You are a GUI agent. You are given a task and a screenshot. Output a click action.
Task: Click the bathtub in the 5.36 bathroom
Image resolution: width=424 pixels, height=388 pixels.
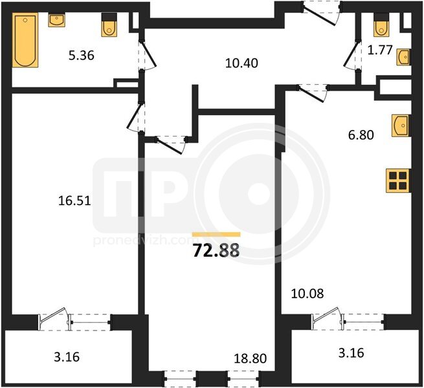pos(25,40)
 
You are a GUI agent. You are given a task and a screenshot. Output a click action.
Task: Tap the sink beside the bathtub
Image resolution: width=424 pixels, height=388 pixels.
pos(56,20)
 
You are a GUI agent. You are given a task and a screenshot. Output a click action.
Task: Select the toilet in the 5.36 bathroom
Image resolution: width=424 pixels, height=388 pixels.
pos(109,25)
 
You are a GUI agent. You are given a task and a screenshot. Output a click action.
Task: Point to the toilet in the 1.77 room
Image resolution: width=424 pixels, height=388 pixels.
pos(381,25)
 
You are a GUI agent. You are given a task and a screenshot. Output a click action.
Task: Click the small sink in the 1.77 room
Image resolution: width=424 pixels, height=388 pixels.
pos(403,57)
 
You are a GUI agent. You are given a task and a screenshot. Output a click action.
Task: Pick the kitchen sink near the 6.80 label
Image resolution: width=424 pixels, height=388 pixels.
pos(401,125)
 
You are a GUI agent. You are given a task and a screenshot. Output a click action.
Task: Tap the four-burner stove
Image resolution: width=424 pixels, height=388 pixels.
pos(398,180)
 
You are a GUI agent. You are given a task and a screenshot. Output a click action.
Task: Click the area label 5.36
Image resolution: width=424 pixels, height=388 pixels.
pos(82,56)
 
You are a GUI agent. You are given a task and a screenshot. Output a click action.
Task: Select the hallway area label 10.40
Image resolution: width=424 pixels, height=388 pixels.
pos(241,63)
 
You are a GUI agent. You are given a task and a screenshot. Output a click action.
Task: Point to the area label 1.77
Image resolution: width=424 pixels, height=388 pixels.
pos(380,50)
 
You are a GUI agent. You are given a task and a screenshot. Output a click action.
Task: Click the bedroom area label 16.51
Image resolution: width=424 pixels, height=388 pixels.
pos(74,200)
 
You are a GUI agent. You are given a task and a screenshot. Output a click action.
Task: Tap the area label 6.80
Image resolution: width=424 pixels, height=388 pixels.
pos(361,135)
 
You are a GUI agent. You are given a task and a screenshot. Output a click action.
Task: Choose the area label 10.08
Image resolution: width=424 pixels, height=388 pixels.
pos(307,294)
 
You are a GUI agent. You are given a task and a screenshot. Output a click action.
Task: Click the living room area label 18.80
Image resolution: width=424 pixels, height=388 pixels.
pos(251,358)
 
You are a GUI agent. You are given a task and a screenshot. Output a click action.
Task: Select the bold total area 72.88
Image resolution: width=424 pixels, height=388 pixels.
pos(216,250)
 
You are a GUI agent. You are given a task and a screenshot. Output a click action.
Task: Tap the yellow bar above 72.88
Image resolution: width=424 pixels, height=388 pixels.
pos(216,234)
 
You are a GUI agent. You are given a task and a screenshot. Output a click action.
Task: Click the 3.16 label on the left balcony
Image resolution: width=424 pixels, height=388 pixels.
pos(67,357)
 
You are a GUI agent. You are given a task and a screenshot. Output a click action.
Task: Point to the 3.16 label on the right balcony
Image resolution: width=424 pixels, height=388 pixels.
pos(351,353)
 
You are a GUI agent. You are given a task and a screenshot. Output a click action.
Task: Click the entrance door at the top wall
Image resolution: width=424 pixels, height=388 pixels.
pos(321,13)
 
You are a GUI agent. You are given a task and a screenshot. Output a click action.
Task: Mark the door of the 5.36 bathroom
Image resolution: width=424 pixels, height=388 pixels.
pos(147,56)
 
